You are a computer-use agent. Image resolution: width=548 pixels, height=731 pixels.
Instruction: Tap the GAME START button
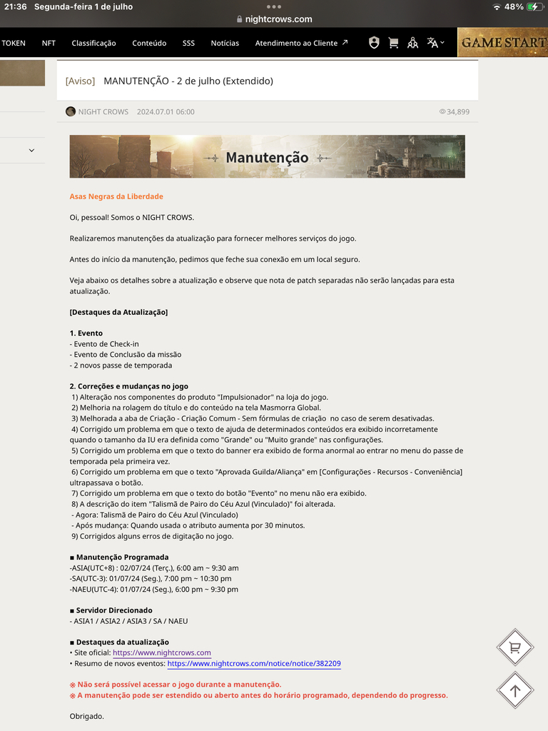(502, 43)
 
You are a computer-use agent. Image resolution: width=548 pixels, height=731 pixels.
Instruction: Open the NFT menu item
(49, 43)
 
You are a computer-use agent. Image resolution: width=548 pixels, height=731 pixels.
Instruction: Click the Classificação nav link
(93, 43)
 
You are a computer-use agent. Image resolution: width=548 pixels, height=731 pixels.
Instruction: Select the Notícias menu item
(225, 43)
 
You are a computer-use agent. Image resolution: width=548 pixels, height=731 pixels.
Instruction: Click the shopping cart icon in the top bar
(393, 43)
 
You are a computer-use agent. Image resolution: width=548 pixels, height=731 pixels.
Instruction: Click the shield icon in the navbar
(374, 43)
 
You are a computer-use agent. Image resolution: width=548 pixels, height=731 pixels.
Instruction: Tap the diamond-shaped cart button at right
(514, 647)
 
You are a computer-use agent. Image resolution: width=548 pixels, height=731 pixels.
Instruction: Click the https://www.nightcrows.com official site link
(162, 652)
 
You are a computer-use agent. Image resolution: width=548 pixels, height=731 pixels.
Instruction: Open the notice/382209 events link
(254, 663)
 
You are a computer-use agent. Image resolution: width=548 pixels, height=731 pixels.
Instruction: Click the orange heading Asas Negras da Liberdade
(116, 196)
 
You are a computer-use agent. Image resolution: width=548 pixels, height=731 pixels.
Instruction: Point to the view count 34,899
(457, 111)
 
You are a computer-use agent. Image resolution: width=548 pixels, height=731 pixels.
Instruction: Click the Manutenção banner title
(267, 157)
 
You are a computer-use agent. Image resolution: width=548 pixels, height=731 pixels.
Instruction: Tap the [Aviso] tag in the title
(80, 81)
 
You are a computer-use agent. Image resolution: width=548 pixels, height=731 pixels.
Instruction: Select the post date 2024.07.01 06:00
(166, 111)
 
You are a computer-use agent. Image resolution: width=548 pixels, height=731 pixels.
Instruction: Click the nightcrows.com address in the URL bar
(278, 19)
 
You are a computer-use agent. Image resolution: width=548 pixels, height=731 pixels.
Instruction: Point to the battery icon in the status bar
(534, 6)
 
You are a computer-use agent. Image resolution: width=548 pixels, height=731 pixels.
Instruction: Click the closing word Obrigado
(87, 716)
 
